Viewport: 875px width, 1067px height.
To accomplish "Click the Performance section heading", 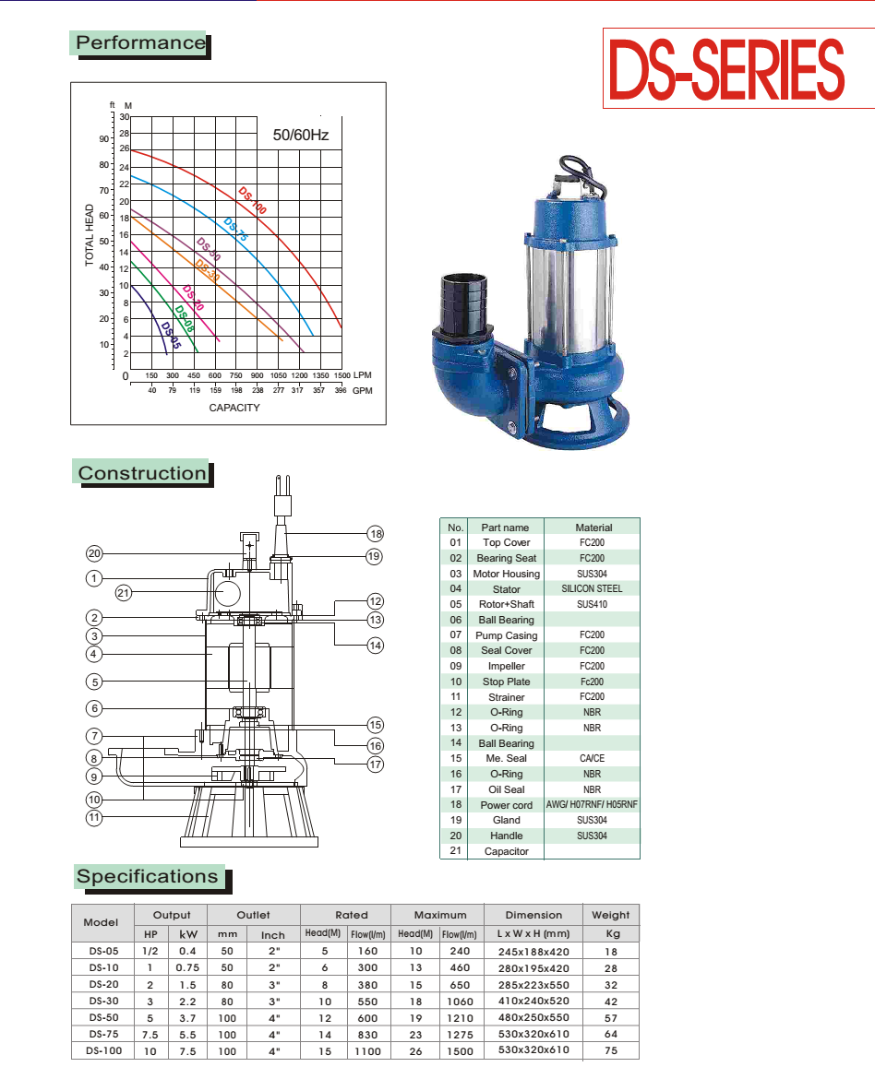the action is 140,42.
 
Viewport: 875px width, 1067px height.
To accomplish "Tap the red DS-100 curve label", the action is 252,200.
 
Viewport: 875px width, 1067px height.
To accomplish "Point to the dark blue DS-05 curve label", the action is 171,335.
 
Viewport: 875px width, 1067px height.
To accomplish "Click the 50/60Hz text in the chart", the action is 301,135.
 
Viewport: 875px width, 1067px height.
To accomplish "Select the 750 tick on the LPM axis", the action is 235,375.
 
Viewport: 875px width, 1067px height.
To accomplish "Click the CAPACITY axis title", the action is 234,408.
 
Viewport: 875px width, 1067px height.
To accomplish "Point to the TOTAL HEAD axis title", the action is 90,235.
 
